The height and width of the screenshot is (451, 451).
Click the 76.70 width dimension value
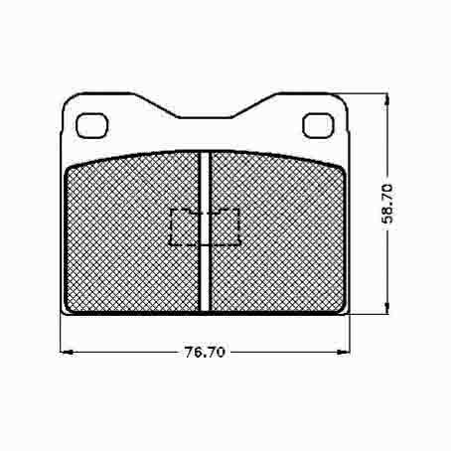click(x=205, y=352)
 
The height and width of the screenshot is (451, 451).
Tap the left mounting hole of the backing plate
click(x=92, y=125)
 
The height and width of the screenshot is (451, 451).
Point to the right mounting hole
click(x=318, y=125)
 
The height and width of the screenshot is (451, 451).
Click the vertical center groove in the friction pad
click(x=206, y=231)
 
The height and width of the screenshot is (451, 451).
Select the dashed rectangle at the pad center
click(x=205, y=227)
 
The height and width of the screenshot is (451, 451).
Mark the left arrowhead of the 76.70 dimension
click(x=67, y=352)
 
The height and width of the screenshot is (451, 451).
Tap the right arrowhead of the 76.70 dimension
click(x=343, y=352)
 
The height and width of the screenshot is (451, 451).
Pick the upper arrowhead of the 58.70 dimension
click(x=386, y=100)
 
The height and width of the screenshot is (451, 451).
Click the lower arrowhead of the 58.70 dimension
click(x=386, y=307)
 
